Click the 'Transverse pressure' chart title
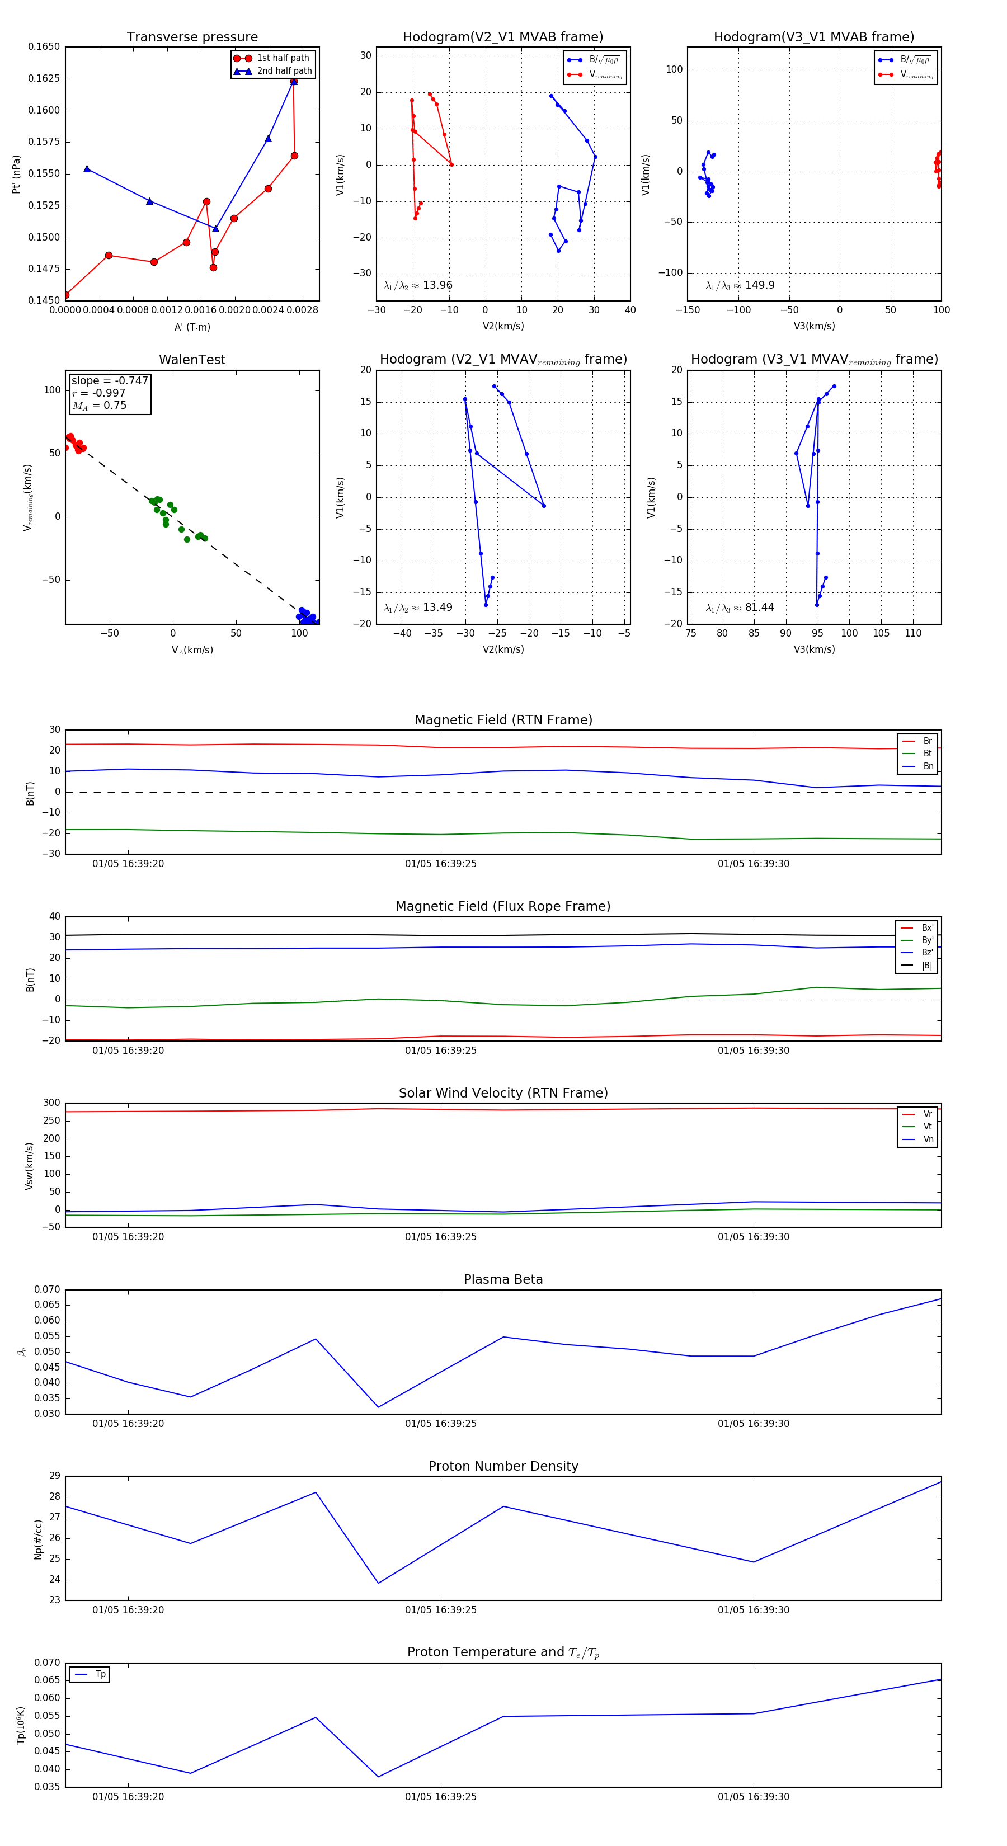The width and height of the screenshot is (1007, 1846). (x=192, y=37)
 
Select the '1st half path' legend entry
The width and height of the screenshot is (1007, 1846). (x=283, y=58)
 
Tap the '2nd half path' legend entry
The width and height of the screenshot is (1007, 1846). (x=284, y=71)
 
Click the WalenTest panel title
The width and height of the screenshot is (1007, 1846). (x=192, y=360)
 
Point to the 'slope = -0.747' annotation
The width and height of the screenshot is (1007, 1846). (x=110, y=380)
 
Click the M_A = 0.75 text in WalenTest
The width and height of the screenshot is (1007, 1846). (x=100, y=406)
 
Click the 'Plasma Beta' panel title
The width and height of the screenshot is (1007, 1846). (x=503, y=1279)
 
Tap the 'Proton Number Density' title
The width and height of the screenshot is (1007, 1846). (x=503, y=1466)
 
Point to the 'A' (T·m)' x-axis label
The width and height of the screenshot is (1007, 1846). (x=192, y=327)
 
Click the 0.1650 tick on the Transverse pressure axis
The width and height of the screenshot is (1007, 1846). (x=44, y=46)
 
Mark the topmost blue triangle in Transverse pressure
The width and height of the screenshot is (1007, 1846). (x=294, y=81)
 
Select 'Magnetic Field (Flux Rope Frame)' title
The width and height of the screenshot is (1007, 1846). (x=503, y=907)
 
